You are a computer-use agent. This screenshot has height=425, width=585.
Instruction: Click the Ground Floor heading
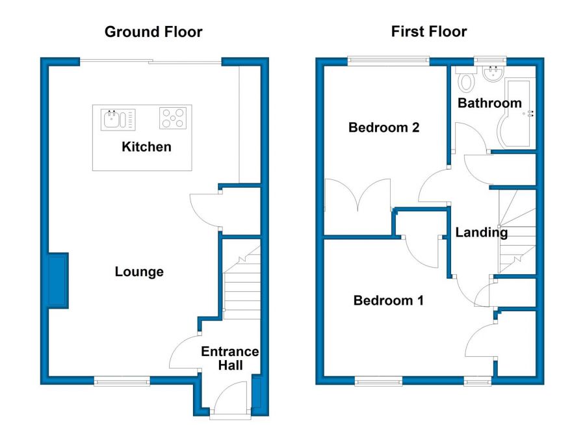(153, 32)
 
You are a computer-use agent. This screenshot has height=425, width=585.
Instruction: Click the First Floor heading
(429, 32)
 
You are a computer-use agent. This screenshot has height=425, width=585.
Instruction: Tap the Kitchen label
(147, 147)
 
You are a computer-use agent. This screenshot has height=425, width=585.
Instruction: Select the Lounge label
(139, 272)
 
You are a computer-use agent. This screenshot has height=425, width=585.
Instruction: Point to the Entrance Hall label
(230, 358)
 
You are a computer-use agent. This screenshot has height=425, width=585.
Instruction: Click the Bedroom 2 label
(384, 127)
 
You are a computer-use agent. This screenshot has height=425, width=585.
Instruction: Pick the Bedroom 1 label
(389, 300)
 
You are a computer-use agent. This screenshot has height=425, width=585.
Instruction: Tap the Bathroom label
(489, 103)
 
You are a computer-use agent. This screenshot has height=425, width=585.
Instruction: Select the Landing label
(481, 233)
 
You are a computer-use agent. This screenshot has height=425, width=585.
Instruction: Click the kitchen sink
(118, 120)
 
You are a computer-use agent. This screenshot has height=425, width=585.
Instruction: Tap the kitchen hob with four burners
(173, 118)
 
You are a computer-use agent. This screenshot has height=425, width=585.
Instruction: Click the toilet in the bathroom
(465, 79)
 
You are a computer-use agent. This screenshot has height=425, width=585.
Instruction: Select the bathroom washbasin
(493, 73)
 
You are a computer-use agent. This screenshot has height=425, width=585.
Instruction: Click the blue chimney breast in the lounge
(58, 281)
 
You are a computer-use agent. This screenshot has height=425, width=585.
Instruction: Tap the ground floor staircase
(242, 283)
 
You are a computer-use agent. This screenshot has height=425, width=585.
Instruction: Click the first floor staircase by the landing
(517, 231)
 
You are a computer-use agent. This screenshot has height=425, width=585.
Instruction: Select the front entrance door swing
(231, 396)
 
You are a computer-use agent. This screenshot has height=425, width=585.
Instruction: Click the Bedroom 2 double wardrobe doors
(357, 195)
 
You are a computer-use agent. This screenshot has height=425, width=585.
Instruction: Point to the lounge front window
(122, 381)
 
